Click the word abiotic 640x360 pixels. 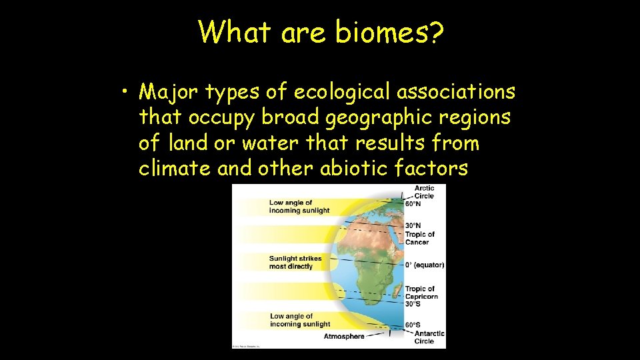click(360, 169)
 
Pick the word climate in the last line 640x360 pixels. click(175, 169)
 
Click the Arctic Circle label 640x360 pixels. click(424, 192)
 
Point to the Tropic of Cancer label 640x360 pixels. click(420, 238)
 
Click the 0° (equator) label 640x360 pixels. click(425, 265)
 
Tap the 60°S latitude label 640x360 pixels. click(413, 325)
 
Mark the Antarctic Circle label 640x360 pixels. click(429, 337)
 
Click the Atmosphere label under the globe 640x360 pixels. click(344, 336)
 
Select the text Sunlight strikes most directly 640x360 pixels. click(295, 262)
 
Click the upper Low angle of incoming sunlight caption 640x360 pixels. click(299, 206)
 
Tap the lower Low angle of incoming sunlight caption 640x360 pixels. click(300, 320)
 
